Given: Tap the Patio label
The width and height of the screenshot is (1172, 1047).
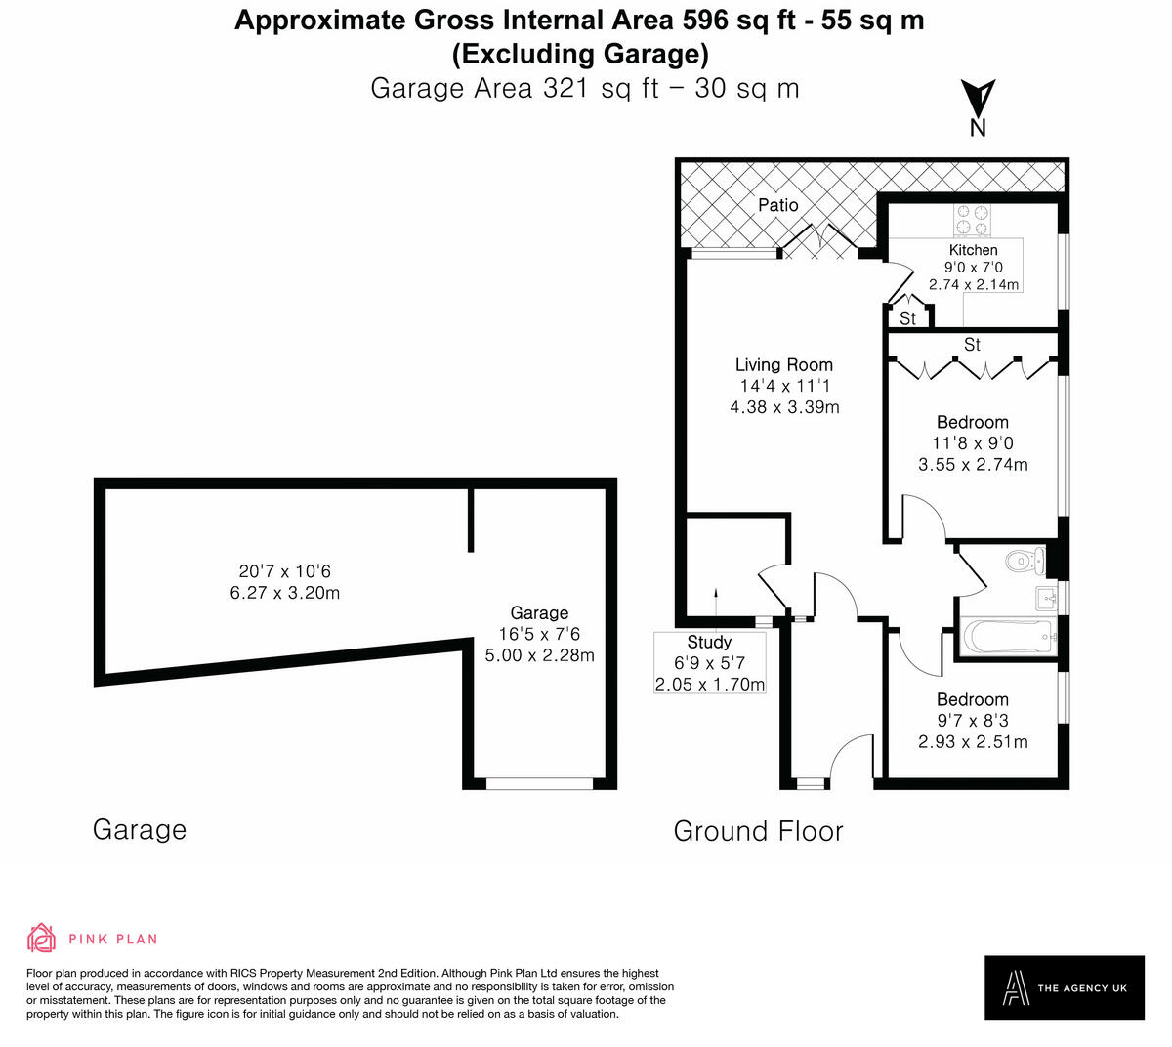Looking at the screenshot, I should (x=778, y=205).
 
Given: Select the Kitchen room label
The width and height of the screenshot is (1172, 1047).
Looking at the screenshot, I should (x=973, y=250).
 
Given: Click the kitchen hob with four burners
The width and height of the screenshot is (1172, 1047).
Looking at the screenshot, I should (x=972, y=219).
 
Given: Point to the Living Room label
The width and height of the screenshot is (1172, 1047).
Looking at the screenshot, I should (x=783, y=364).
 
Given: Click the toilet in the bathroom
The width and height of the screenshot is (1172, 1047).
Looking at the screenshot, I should (x=1025, y=561).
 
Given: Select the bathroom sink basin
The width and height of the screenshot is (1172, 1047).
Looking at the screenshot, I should (x=1046, y=598).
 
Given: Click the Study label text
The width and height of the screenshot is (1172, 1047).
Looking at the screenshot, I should (x=709, y=642).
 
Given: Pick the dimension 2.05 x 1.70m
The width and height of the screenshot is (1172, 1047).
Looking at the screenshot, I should (x=709, y=684).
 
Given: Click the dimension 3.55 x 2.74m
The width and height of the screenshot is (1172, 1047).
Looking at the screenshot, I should (x=973, y=465).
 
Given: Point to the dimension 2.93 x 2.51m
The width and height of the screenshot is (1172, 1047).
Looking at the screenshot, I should (x=973, y=742).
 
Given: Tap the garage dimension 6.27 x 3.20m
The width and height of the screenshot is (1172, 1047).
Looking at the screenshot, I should (x=285, y=593).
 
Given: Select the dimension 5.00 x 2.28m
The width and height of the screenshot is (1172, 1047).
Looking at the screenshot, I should (x=539, y=655).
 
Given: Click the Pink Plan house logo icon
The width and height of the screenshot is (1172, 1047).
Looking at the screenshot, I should (x=42, y=939).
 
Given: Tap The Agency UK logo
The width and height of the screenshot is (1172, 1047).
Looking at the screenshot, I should (x=1064, y=987).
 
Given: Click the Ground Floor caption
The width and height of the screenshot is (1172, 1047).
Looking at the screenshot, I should (x=758, y=831).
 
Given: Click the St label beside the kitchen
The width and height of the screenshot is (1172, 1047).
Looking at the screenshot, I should (x=907, y=318).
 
